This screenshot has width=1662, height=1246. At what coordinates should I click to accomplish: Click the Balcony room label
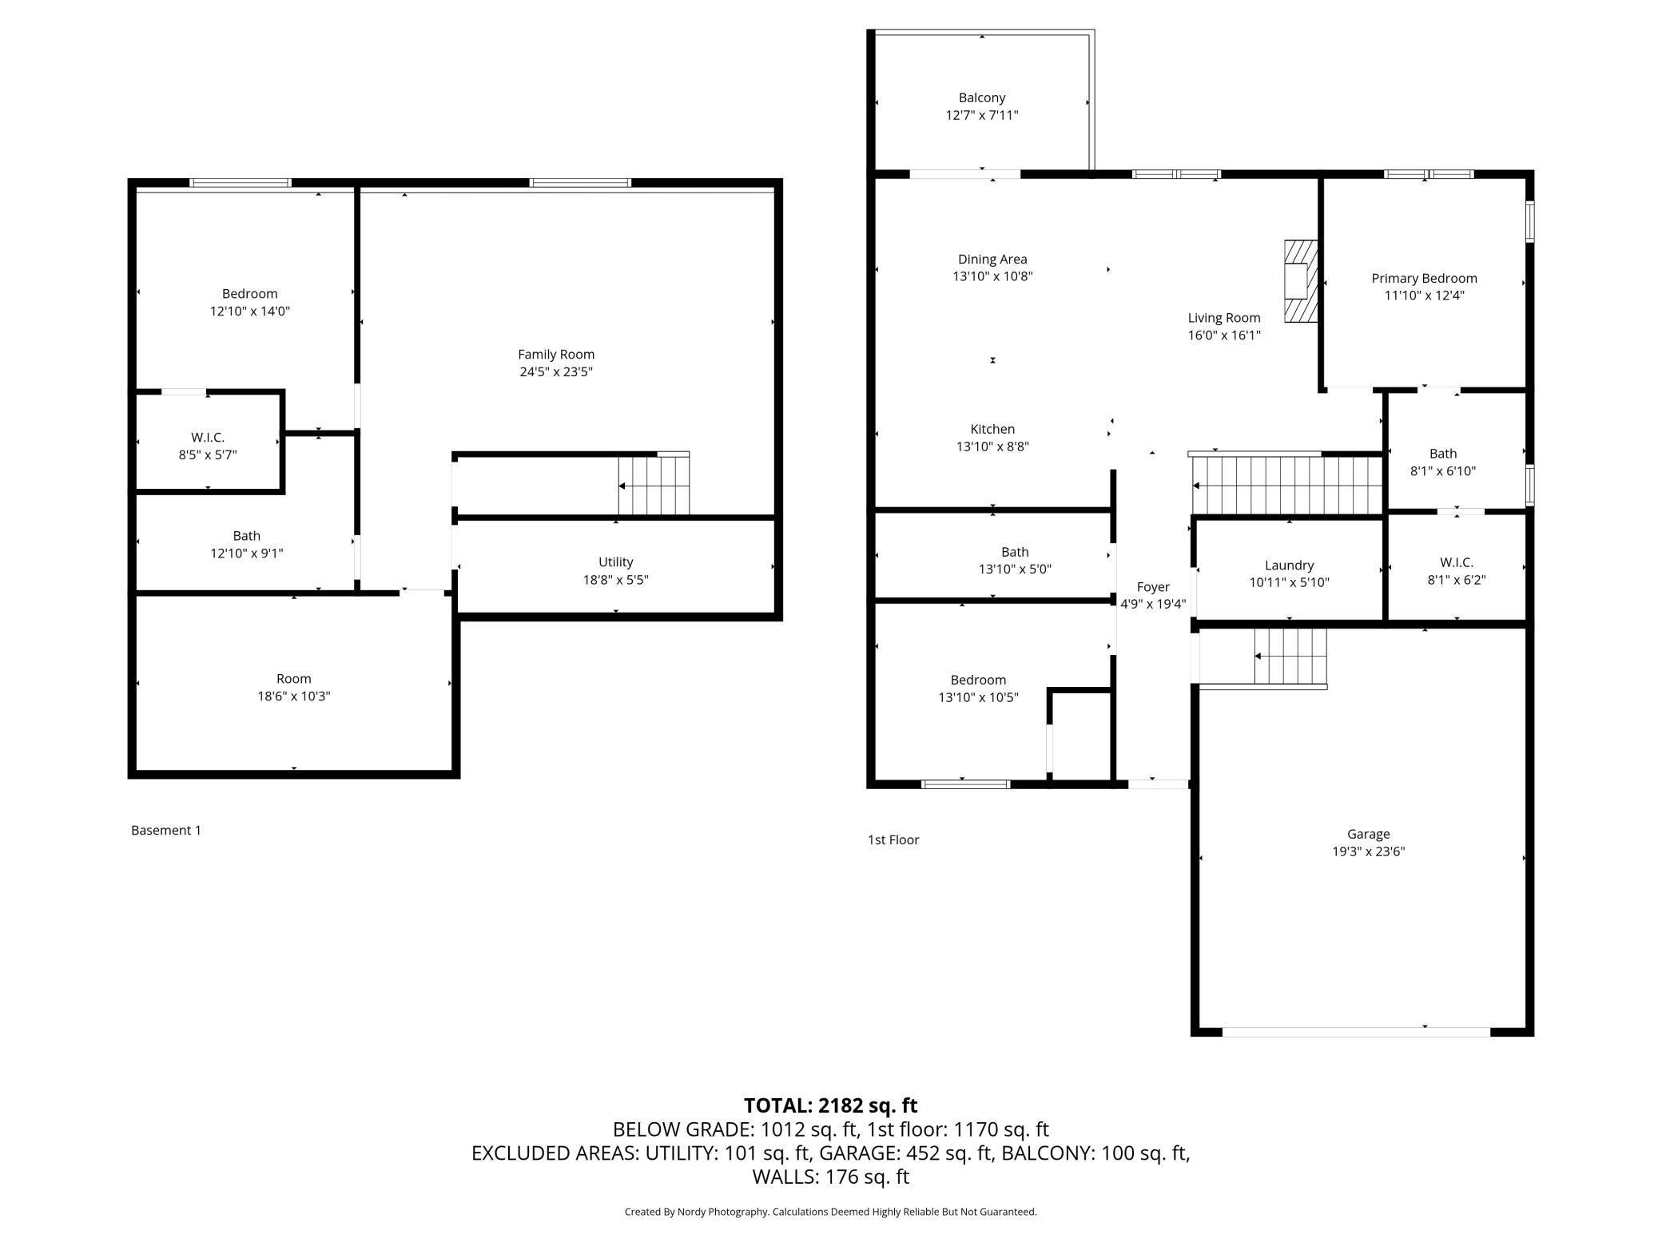(982, 97)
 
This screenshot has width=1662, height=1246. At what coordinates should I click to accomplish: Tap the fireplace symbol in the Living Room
(1300, 281)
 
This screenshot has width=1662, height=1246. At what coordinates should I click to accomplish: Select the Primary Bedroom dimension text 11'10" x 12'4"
(1424, 296)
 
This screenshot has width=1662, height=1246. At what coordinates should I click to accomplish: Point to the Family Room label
(556, 354)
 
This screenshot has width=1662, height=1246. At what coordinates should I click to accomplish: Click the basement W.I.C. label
(208, 438)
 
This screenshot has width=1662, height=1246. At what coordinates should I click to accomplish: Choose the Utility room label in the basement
(615, 562)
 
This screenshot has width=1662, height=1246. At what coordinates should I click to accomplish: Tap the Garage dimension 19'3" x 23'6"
(1368, 851)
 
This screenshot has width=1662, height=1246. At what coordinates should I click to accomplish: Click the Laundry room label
(1289, 565)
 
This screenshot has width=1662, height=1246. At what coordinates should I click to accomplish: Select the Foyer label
(1153, 587)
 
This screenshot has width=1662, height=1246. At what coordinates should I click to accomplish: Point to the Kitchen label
(992, 429)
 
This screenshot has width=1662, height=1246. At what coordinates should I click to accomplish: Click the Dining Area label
(992, 259)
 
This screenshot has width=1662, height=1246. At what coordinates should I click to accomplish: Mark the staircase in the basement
(654, 485)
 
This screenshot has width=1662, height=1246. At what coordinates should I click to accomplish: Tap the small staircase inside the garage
(1290, 657)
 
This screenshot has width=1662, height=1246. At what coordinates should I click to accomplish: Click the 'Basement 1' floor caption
(166, 831)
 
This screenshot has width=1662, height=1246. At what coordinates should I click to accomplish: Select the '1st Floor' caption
(893, 840)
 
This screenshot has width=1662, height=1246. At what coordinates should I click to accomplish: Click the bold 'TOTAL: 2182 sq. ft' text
(831, 1105)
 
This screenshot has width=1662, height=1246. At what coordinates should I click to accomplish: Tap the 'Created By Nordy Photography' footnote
(696, 1212)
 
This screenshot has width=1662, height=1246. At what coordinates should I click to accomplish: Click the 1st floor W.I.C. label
(1457, 563)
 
